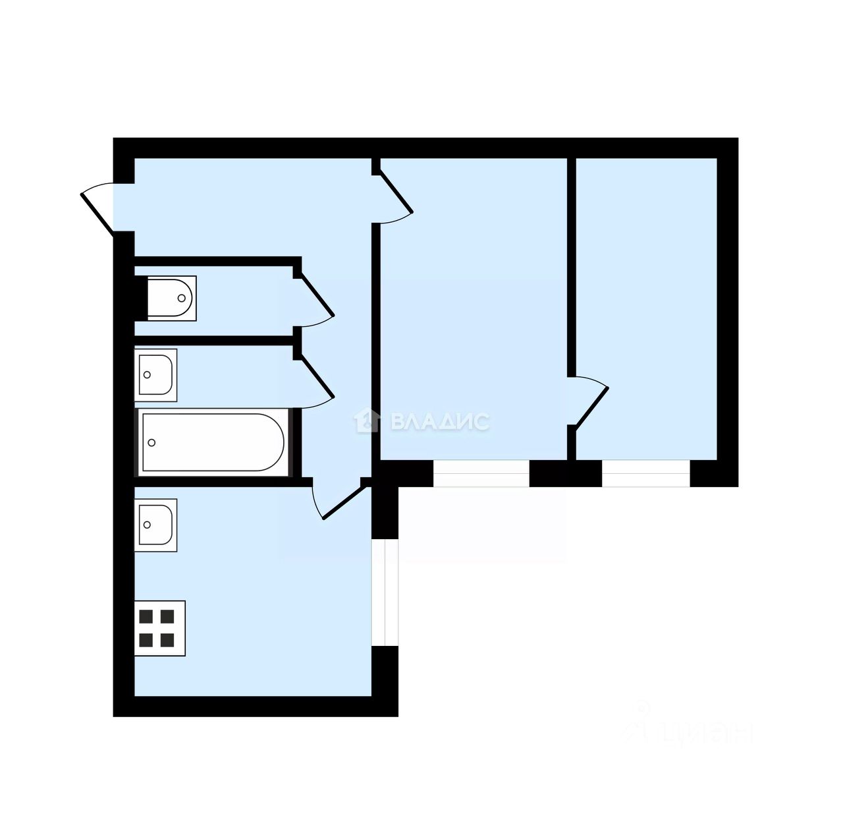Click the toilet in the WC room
pos(171,298)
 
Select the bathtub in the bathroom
pos(212,442)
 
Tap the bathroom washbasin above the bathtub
pos(156,374)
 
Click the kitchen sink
pos(156,525)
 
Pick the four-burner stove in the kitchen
pos(159,628)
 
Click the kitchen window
pos(385,593)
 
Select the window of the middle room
pos(481,473)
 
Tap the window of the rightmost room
pos(645,473)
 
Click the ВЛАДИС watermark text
pos(440,422)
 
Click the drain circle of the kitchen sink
pos(147,525)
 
